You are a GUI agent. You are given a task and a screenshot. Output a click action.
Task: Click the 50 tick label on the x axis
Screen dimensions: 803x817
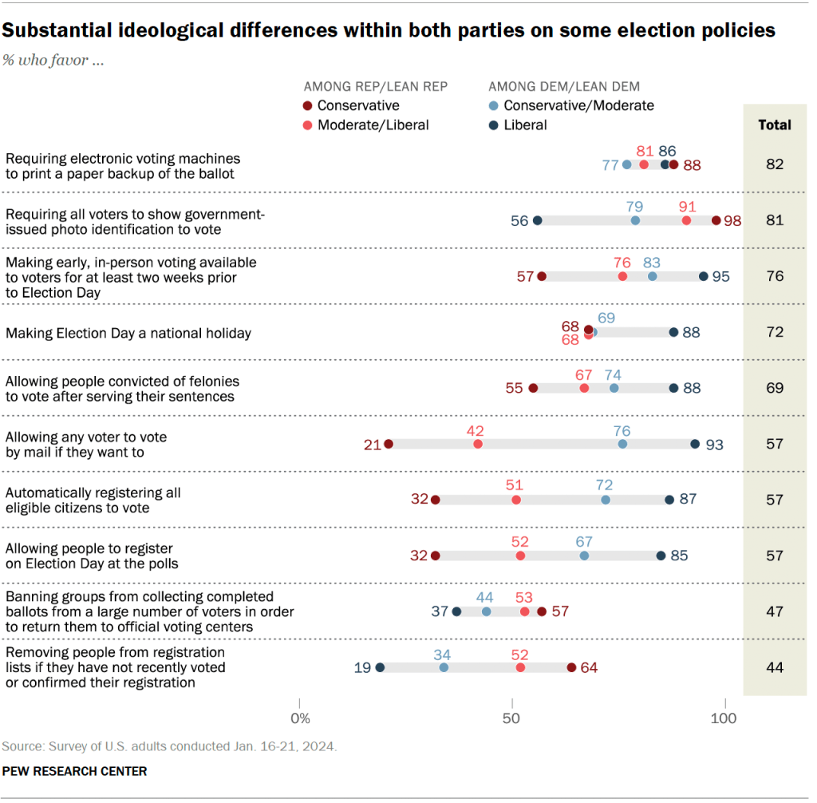512,719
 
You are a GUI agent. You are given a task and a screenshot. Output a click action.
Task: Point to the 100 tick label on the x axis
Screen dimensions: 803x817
724,719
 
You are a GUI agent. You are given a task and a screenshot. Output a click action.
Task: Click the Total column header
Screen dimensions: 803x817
775,125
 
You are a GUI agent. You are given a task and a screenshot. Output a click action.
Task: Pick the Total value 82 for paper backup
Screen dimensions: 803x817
775,164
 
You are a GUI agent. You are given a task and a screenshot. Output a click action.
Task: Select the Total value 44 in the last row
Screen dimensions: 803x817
775,667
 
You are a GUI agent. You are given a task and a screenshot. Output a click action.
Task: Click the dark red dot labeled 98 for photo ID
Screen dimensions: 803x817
716,220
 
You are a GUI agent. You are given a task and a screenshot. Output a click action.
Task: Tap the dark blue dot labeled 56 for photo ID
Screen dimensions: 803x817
538,220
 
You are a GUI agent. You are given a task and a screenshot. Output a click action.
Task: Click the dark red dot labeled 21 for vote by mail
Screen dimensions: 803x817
389,444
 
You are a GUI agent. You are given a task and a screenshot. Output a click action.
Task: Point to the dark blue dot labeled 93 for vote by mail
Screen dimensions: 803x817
695,444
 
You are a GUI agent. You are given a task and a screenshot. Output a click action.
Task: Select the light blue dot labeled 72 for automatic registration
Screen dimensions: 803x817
606,500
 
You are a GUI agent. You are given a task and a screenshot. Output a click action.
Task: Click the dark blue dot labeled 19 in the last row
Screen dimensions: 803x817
380,667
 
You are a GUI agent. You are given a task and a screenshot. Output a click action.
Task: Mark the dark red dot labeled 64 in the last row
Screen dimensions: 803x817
571,667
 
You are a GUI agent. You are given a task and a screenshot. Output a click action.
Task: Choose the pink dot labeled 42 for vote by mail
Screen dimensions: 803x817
478,444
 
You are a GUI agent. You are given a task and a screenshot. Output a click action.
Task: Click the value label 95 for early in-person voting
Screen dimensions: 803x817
720,276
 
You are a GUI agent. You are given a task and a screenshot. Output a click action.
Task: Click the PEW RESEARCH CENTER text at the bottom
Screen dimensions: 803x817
74,771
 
